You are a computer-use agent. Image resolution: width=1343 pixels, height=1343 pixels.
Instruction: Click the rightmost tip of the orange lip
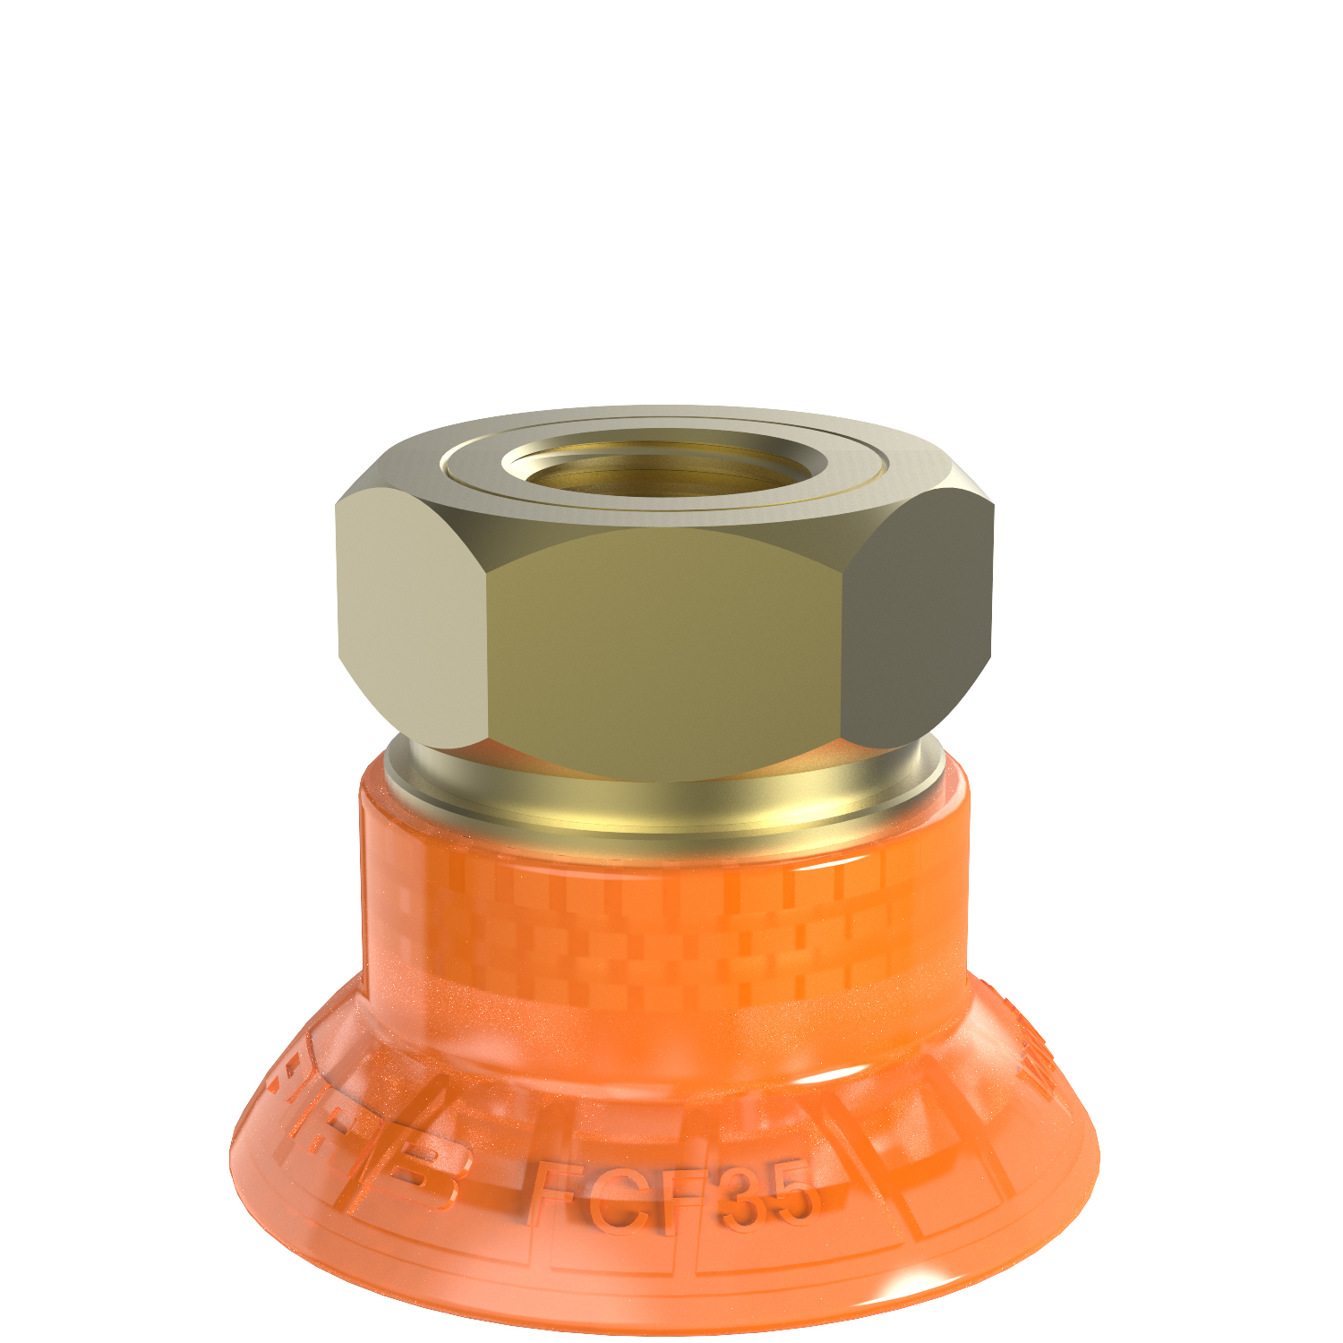pyautogui.click(x=1098, y=1155)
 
